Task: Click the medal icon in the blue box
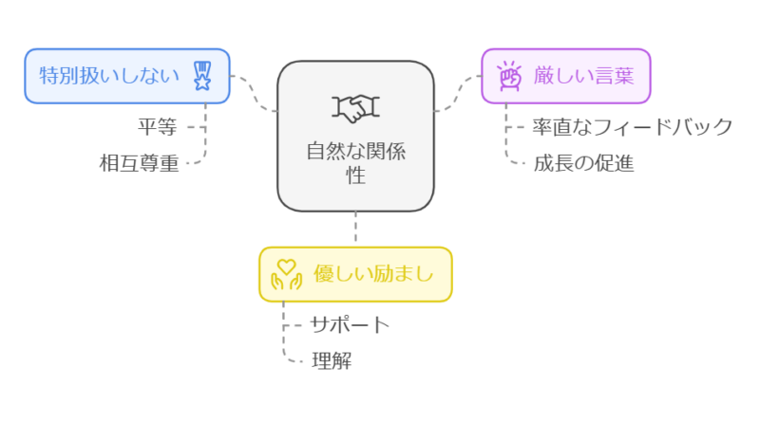coord(202,75)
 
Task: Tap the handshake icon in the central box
coord(355,109)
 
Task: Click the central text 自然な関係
coord(355,151)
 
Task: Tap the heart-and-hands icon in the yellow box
coord(286,275)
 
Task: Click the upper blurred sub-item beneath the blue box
coord(158,125)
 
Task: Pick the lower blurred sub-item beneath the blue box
coord(139,166)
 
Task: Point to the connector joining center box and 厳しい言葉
coord(460,91)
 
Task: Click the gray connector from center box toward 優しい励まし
coord(356,228)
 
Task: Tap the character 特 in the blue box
coord(47,75)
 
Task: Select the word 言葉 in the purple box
coord(615,75)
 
